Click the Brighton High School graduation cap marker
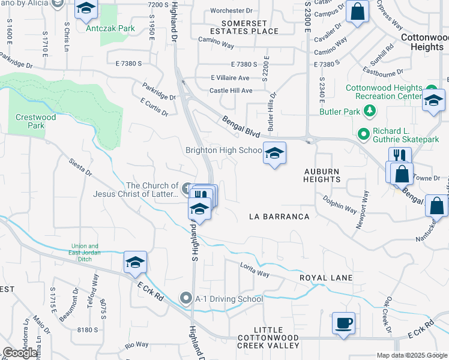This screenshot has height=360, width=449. tap(275, 153)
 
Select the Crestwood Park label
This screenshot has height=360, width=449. tap(36, 121)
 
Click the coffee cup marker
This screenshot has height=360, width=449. tap(343, 324)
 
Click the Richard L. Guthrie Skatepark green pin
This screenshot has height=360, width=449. tap(363, 133)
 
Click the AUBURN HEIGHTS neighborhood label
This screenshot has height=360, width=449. tap(322, 175)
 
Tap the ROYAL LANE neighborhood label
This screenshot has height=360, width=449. tap(326, 278)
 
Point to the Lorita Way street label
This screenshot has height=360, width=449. tap(255, 269)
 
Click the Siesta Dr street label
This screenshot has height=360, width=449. tap(80, 167)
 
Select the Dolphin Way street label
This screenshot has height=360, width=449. tap(340, 203)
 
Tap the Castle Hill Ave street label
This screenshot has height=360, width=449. tap(231, 91)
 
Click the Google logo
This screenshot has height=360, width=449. tap(20, 353)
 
